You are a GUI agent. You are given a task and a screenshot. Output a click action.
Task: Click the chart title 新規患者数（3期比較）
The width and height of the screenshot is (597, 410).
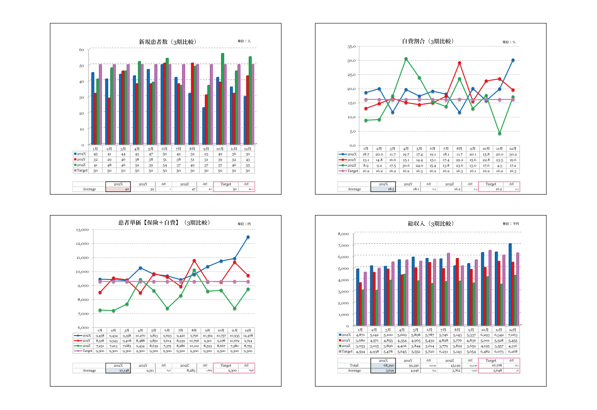[167, 42]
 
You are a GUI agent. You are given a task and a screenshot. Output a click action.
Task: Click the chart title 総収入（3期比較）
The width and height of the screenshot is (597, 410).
[431, 224]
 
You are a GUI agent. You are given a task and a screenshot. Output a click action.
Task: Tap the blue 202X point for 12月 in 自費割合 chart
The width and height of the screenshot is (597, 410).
[513, 60]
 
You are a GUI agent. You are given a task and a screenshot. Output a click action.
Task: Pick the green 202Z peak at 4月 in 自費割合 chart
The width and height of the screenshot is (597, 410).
[406, 59]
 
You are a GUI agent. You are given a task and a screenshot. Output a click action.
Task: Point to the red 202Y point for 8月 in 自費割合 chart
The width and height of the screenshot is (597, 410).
[459, 63]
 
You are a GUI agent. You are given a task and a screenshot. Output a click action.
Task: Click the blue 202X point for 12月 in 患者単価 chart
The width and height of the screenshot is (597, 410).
[248, 237]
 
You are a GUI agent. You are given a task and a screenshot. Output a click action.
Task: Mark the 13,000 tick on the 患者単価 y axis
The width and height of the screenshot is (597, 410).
[82, 230]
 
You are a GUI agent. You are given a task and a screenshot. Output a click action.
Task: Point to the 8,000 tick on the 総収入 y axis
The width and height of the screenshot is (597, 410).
[343, 234]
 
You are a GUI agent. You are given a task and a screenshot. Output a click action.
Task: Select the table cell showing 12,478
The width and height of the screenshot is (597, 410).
[248, 336]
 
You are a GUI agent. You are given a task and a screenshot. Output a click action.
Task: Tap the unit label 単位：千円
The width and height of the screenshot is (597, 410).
[510, 224]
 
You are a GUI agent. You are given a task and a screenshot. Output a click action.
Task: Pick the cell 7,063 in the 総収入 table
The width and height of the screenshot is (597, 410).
[513, 335]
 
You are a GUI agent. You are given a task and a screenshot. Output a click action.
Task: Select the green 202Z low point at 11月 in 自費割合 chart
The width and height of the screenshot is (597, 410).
[499, 133]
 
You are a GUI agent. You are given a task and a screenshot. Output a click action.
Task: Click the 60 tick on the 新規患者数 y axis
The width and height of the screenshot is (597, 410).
[82, 49]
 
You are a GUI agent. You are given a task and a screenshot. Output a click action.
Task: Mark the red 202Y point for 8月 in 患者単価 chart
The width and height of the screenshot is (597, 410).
[194, 261]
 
